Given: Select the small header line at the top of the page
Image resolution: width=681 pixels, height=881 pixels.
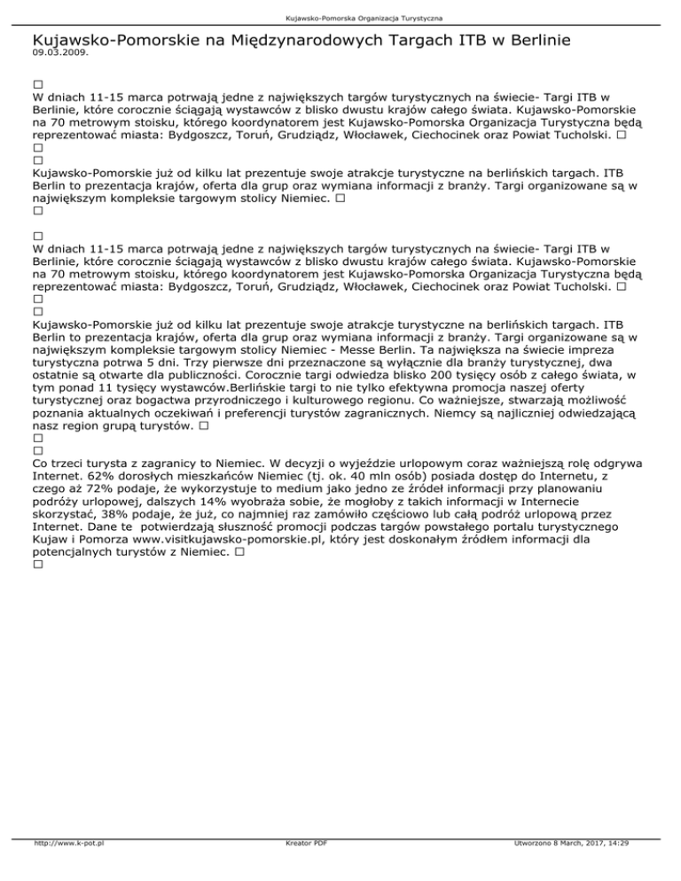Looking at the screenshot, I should [340, 18].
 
